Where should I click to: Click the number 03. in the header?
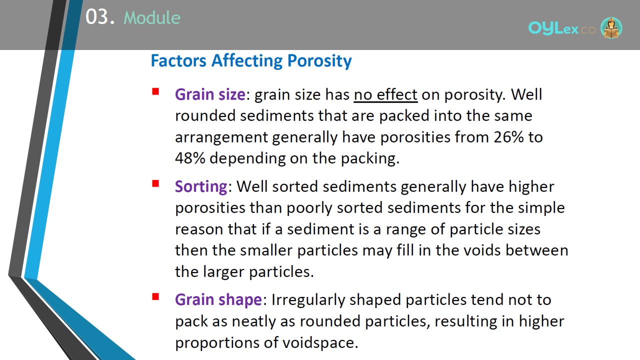[x=100, y=17]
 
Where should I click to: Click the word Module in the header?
[x=152, y=17]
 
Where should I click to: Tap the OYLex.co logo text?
[x=561, y=28]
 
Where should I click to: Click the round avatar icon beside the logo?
[x=611, y=28]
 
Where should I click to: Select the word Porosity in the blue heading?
[x=319, y=61]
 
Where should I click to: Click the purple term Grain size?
[x=210, y=94]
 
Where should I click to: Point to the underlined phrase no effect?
[x=385, y=94]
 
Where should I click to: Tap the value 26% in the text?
[x=509, y=137]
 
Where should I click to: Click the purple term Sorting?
[x=201, y=187]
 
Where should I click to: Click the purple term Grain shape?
[x=218, y=300]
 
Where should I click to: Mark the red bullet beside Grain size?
[x=155, y=91]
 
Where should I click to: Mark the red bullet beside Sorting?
[x=155, y=183]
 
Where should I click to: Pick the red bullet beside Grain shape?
[x=155, y=296]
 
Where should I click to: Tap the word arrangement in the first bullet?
[x=221, y=137]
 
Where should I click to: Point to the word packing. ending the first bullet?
[x=370, y=158]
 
